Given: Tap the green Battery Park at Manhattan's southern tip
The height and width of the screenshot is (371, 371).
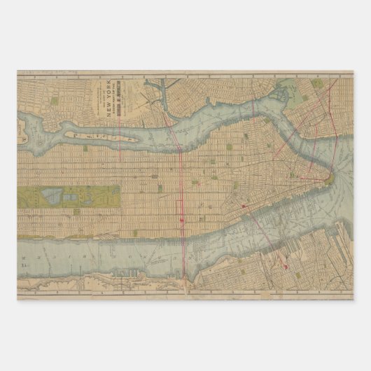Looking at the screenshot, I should coord(327,181).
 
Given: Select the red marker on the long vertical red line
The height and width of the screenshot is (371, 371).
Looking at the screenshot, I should coord(181,219).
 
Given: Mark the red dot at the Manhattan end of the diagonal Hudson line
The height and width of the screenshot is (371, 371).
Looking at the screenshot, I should coord(243,206).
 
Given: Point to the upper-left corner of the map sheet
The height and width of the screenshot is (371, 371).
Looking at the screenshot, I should coord(17,71).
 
